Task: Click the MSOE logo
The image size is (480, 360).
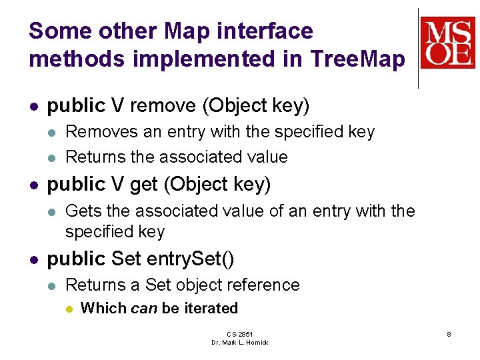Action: (x=447, y=43)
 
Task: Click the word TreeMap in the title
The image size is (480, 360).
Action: (x=357, y=59)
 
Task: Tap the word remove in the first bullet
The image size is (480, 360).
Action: (x=163, y=105)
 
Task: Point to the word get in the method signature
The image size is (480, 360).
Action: (x=144, y=185)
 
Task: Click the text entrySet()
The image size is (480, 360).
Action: (x=190, y=259)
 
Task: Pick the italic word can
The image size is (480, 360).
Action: (x=144, y=308)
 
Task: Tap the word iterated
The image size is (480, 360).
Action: (x=211, y=307)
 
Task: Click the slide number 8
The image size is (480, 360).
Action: (x=449, y=334)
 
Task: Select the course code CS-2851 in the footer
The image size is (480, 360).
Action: (x=240, y=334)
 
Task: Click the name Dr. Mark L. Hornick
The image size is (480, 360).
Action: (x=240, y=343)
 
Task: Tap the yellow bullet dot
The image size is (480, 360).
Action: (x=69, y=309)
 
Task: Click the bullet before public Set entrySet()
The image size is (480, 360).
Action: (x=34, y=260)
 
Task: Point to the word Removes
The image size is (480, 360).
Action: (x=101, y=131)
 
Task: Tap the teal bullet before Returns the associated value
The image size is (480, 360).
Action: (x=52, y=158)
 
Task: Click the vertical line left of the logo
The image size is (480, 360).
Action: (x=418, y=49)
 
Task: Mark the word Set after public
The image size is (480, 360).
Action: (x=126, y=259)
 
